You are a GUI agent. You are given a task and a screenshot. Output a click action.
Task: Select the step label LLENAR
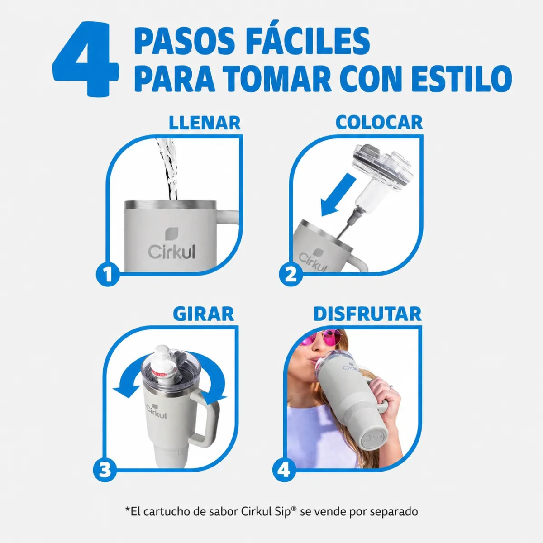pos(205,123)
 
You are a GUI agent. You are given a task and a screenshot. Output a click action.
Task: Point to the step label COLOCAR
pos(379,123)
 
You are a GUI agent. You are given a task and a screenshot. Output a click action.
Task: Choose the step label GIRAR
pos(204,314)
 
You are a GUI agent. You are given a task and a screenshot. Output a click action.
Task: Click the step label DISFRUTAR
pos(367,314)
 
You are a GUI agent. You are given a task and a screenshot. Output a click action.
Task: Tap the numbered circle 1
pos(108,275)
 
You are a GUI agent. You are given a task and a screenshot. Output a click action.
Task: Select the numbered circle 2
pos(291,275)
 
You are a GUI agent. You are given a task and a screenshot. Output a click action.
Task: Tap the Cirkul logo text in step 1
pos(171,251)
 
